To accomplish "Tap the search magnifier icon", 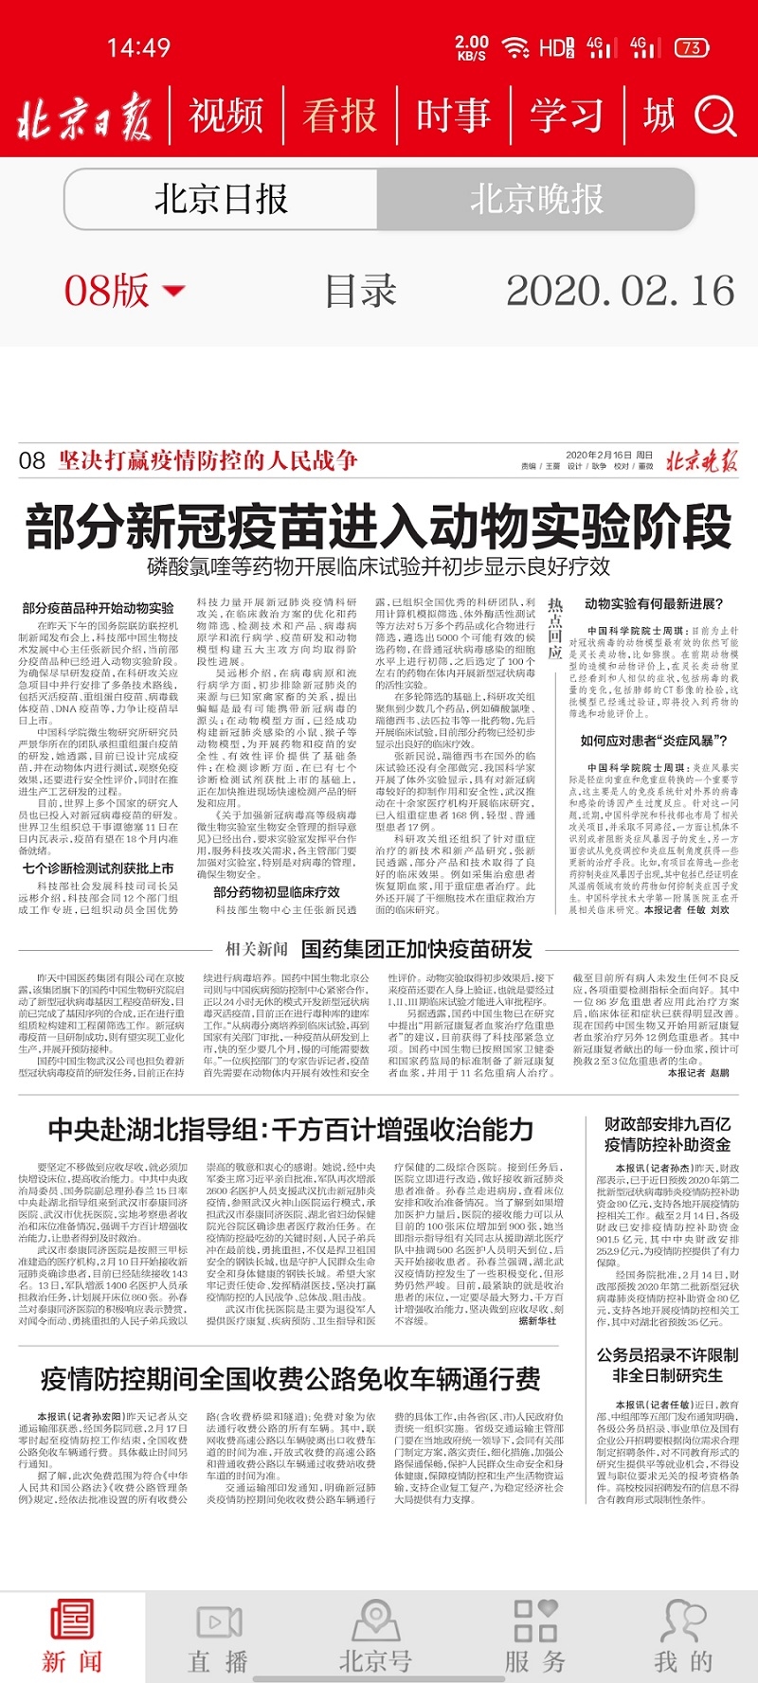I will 715,116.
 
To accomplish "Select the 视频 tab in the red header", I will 226,116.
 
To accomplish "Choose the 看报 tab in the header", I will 339,116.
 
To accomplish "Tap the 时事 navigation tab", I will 453,116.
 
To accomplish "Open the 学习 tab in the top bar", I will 567,116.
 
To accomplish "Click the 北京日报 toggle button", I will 221,200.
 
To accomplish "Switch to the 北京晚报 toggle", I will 536,200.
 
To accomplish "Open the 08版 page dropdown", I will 124,291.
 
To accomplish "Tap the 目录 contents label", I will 360,291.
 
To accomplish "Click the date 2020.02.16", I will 621,291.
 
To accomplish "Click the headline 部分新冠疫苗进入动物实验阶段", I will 379,526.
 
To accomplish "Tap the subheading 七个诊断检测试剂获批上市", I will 99,868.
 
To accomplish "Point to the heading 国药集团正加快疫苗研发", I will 417,949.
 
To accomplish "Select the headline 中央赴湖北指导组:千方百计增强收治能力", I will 291,1129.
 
